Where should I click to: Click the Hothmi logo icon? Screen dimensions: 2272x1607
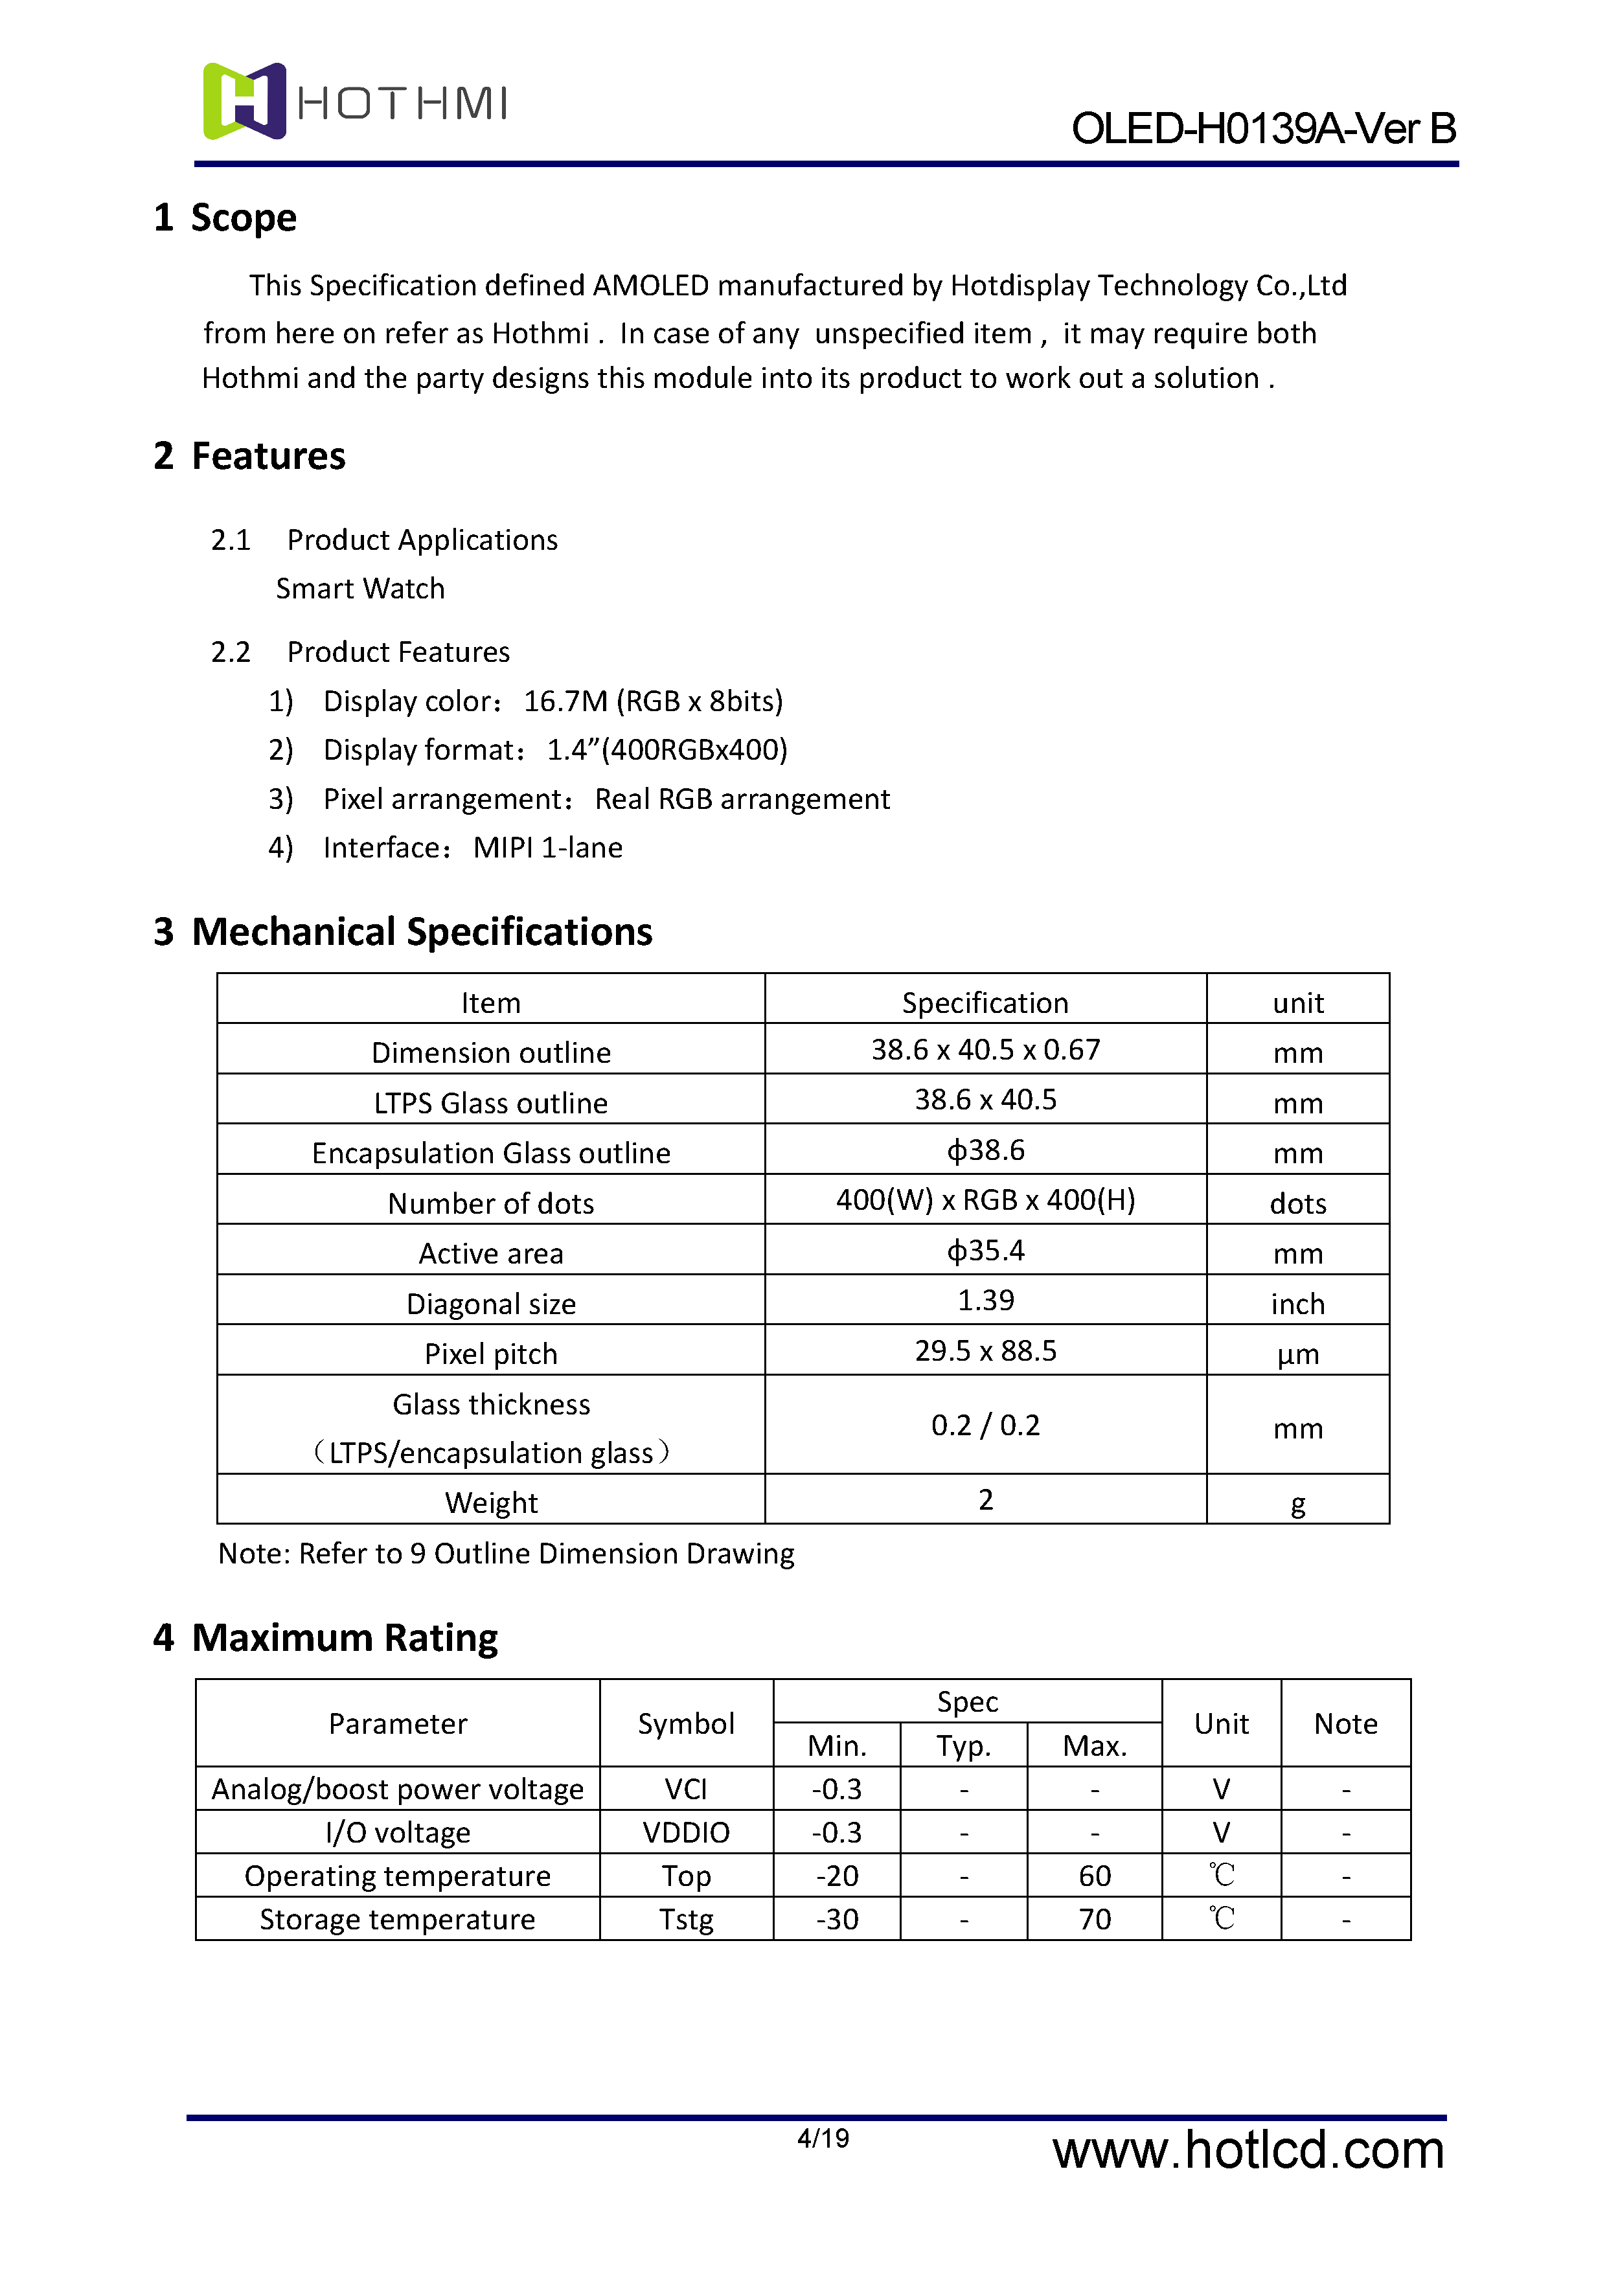coord(244,101)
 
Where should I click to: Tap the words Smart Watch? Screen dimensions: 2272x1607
coord(360,589)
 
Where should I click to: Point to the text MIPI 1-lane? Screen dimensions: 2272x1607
coord(547,848)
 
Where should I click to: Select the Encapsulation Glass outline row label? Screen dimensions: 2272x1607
coord(491,1153)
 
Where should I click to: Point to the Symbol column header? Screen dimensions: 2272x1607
coord(686,1724)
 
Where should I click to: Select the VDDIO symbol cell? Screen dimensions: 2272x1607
coord(686,1833)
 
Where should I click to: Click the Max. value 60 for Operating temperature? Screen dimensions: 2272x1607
coord(1095,1876)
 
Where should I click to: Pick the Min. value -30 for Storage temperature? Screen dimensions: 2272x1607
coord(837,1920)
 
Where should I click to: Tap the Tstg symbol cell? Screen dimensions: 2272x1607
coord(686,1920)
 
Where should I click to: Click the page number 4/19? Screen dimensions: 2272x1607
coord(823,2139)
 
